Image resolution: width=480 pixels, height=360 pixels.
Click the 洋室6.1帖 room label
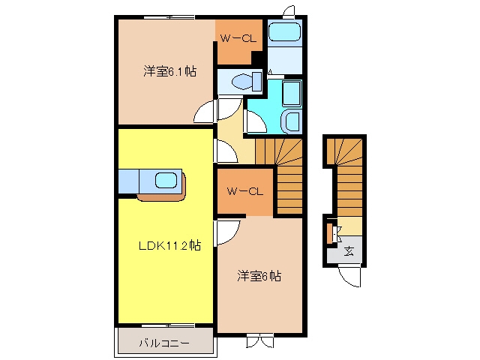pos(170,71)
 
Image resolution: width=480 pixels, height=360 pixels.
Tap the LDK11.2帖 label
pos(170,245)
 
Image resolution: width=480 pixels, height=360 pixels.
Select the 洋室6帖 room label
pos(259,276)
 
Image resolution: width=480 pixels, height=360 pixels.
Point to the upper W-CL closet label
pos(238,38)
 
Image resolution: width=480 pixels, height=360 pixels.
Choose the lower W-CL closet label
pos(245,192)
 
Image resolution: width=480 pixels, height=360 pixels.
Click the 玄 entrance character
pos(349,251)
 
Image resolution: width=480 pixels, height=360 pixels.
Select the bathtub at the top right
pos(285,32)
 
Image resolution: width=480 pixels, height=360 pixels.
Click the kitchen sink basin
pos(166,181)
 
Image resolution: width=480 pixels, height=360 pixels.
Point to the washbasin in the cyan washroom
pos(292,121)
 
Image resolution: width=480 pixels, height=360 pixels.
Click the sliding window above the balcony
pos(168,325)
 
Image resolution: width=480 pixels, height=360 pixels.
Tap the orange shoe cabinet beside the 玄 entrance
pos(330,233)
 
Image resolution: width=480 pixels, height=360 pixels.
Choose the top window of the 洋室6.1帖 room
pos(169,17)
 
